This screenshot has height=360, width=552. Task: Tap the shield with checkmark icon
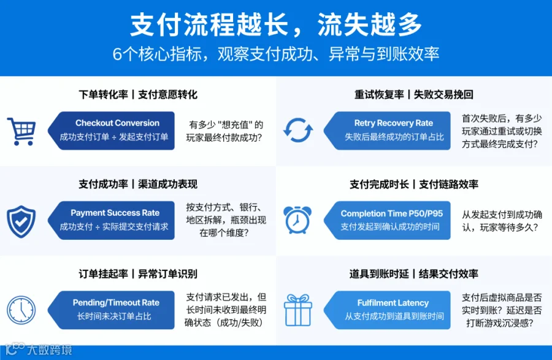click(21, 221)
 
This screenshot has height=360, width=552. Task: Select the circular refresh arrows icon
click(298, 131)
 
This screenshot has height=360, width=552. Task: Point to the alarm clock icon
click(297, 220)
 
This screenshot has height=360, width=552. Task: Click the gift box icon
click(298, 310)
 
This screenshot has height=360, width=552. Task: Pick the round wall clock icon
click(21, 310)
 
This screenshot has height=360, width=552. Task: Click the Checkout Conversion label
click(117, 123)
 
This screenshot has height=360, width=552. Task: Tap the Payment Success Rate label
click(115, 213)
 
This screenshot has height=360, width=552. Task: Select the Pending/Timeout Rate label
click(116, 302)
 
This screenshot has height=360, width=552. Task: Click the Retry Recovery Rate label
click(394, 123)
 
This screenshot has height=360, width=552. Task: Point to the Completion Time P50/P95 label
click(392, 213)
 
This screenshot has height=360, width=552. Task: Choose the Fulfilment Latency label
click(393, 302)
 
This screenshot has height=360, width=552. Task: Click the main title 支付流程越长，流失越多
click(276, 25)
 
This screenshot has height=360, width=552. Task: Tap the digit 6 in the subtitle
click(117, 54)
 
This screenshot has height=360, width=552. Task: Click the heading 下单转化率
click(103, 94)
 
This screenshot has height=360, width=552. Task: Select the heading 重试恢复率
click(379, 94)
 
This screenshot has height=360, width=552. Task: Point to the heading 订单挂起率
click(103, 274)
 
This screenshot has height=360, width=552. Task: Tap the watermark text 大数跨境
click(50, 350)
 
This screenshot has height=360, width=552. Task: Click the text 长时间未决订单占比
click(114, 316)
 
